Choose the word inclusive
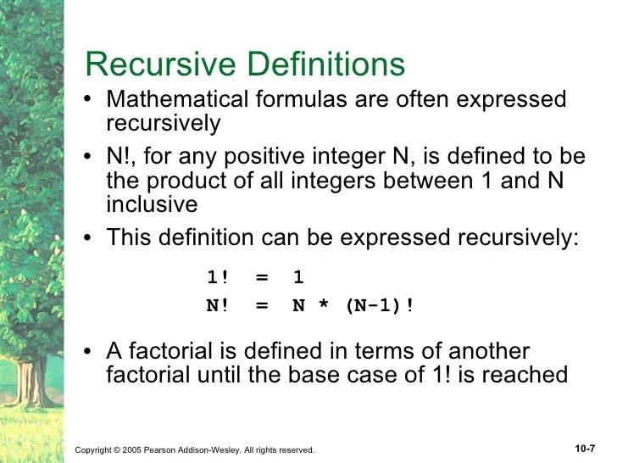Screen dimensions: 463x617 tap(152, 204)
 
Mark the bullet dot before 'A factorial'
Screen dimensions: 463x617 tap(91, 352)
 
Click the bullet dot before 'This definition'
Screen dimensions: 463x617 tap(91, 238)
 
